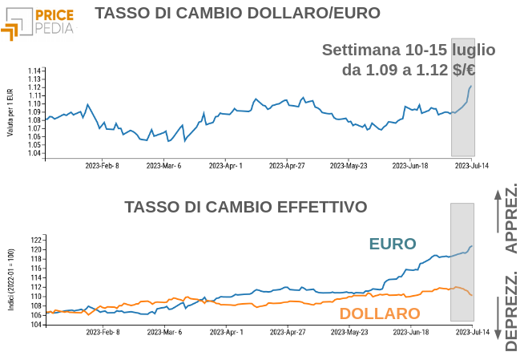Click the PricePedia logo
click(38, 22)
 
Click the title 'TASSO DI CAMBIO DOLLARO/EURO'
click(236, 14)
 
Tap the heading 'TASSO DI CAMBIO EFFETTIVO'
click(246, 208)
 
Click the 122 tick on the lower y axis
click(35, 240)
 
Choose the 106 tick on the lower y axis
click(35, 315)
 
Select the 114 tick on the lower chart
click(35, 277)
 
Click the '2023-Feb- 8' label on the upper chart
click(103, 166)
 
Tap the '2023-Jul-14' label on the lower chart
click(472, 331)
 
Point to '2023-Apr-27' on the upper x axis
click(287, 166)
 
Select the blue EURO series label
click(393, 244)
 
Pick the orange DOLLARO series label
click(380, 313)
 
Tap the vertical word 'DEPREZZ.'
click(511, 311)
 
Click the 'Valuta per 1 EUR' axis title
click(10, 112)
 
